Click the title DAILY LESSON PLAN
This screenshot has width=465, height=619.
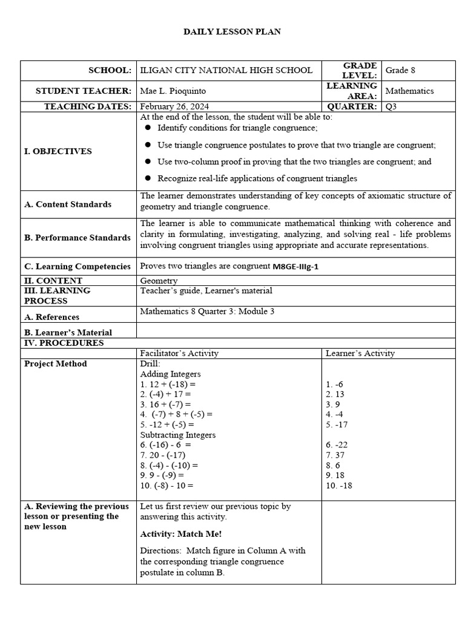tap(232, 31)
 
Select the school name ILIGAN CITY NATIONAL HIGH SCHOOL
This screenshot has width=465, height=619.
tap(226, 70)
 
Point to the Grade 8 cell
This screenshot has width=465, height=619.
tap(400, 70)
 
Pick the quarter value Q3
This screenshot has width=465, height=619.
tap(392, 106)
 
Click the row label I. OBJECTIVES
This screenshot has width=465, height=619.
tap(58, 151)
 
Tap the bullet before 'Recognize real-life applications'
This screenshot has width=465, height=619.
tap(148, 178)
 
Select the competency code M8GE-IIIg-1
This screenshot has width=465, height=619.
tap(295, 267)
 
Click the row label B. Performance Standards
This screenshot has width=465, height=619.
tap(77, 238)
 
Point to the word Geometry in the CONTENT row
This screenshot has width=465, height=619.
tap(159, 280)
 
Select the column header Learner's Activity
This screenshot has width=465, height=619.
tap(360, 353)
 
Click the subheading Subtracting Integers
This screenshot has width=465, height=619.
tap(177, 435)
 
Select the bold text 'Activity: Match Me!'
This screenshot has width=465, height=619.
tap(180, 534)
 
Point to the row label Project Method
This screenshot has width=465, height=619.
tap(55, 363)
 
